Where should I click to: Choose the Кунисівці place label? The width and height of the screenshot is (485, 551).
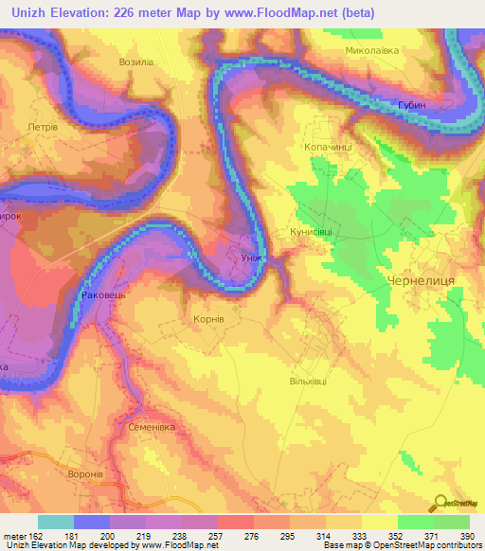point(315,230)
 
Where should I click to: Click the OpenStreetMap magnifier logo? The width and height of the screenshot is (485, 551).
point(440,503)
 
